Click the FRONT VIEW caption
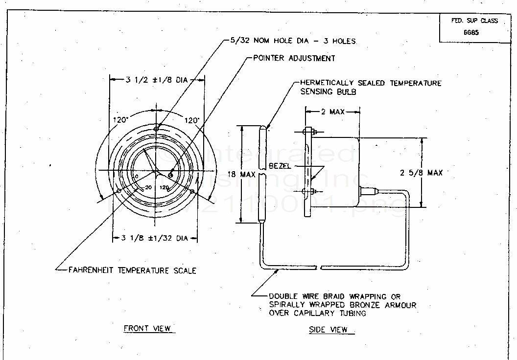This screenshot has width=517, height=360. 147,328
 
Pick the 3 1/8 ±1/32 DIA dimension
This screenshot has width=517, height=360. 154,238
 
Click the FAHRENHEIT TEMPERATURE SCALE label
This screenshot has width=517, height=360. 132,270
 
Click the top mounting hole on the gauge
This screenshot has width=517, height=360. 156,128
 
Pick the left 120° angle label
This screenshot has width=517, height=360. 120,119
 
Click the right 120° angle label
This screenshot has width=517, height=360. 191,119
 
